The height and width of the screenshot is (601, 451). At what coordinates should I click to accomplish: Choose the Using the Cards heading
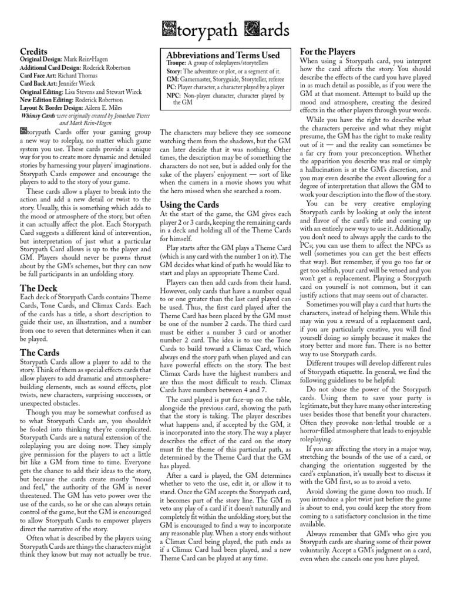(189, 205)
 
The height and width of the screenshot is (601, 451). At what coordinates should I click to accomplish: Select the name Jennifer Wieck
(79, 83)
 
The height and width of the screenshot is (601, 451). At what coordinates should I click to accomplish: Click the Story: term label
(174, 70)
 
